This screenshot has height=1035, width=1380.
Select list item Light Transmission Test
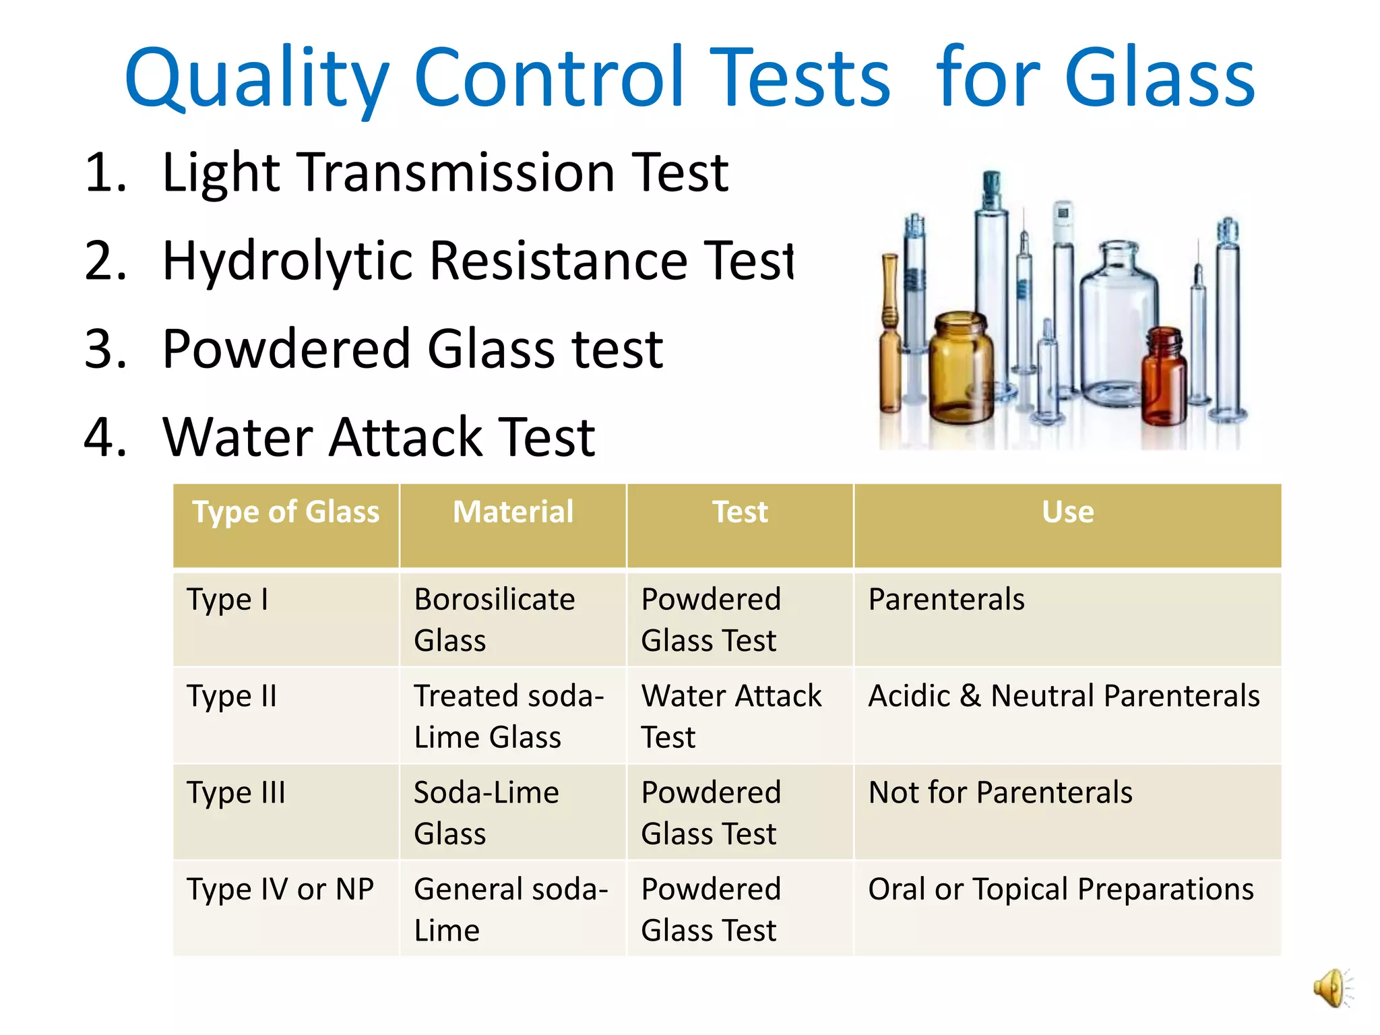coord(445,172)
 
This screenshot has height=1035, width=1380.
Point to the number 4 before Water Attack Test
coord(105,437)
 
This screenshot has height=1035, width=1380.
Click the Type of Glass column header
coord(286,512)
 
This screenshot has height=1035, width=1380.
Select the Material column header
coord(513,512)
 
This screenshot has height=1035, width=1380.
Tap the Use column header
coord(1067,512)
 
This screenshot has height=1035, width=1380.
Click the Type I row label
coord(228,600)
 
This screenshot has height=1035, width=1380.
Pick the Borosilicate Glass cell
coord(494,619)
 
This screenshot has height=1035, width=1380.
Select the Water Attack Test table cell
coord(731,716)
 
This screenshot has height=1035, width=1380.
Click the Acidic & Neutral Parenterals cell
coord(1063,696)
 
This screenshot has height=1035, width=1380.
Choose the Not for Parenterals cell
coord(1000,793)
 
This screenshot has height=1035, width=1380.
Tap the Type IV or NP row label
coord(280,889)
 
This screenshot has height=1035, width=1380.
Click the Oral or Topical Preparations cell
coord(1061,889)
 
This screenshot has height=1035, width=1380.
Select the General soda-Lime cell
coord(510,909)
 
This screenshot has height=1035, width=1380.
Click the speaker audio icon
coord(1332,988)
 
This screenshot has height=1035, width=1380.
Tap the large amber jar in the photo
coord(960,367)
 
